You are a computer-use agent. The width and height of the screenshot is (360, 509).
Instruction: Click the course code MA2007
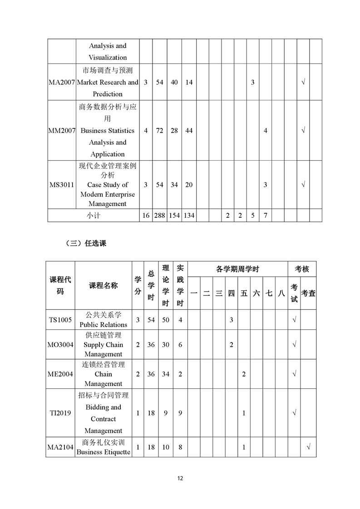pos(62,83)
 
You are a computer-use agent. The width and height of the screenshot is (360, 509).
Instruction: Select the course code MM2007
pos(62,131)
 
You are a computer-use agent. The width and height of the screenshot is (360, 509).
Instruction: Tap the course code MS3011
pos(62,185)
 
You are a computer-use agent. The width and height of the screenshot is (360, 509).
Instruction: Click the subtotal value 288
pos(159,216)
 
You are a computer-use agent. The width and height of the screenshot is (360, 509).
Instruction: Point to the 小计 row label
pos(94,216)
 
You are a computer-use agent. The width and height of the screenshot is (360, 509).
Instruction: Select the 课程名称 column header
pos(103,285)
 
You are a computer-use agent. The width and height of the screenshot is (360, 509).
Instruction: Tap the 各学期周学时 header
pos(237,269)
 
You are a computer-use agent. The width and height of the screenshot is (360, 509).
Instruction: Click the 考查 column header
pos(308,294)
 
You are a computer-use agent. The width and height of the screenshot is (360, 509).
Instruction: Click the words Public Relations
pos(104,325)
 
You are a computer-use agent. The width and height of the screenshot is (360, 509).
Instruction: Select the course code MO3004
pos(60,345)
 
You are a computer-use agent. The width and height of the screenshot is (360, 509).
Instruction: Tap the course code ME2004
pos(60,374)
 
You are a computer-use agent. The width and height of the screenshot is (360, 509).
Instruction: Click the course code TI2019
pos(60,413)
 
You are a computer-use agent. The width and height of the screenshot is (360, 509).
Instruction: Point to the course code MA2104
pos(60,447)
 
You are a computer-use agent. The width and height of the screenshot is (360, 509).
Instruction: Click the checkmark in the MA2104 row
pos(309,447)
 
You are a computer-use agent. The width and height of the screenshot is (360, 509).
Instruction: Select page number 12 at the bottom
pos(180,478)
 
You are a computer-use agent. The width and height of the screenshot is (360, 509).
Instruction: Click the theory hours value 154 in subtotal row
pos(174,216)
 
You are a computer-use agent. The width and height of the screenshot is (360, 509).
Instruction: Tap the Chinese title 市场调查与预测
pos(108,71)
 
